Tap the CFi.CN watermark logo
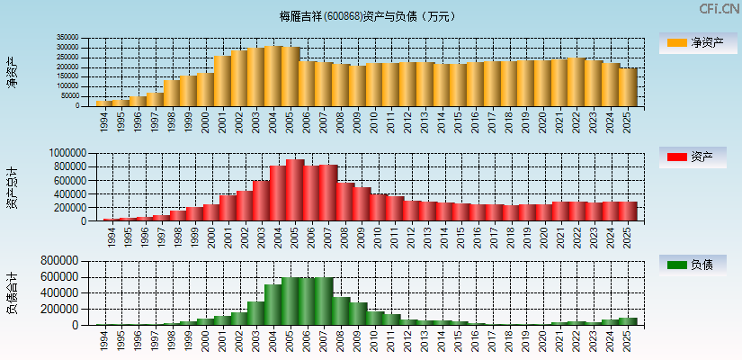(719, 9)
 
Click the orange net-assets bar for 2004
(273, 76)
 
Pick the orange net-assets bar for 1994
(103, 103)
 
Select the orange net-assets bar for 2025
(628, 87)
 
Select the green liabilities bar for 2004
(273, 305)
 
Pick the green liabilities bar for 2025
(628, 321)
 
